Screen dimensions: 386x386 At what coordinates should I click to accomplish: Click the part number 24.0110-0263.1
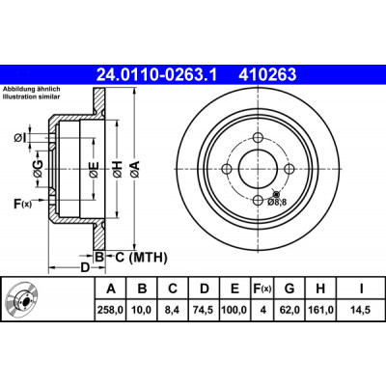coord(157,74)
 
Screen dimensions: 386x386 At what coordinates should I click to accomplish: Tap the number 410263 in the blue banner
coord(267,74)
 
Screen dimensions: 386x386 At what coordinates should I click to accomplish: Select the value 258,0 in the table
coord(111,310)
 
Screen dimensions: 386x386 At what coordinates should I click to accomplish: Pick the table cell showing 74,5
coord(205,310)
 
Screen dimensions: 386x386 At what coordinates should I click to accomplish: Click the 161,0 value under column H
coord(320,310)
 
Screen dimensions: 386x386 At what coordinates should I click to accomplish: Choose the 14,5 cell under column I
coord(361,310)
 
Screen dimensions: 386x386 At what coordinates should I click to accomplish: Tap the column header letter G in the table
coord(289,289)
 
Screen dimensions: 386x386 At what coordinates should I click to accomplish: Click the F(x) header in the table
coord(262,289)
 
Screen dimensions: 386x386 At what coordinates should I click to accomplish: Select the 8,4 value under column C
coord(173,310)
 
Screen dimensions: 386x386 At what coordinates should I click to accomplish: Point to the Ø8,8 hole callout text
coord(277,202)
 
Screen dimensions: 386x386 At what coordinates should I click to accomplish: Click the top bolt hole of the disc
coord(258,138)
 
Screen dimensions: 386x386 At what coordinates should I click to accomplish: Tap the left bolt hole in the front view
coord(227,169)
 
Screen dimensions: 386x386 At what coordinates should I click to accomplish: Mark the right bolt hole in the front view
coord(289,169)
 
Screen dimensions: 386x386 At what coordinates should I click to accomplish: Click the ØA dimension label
coord(135,168)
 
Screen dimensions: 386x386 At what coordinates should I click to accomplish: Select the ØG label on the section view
coord(39,168)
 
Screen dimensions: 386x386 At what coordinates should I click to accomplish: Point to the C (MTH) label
coord(141,258)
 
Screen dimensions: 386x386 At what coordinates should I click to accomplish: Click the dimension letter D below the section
coord(84,267)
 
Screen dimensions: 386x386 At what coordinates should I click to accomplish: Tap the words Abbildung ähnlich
coord(32,89)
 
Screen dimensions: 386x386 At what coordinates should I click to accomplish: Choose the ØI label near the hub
coord(19,138)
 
